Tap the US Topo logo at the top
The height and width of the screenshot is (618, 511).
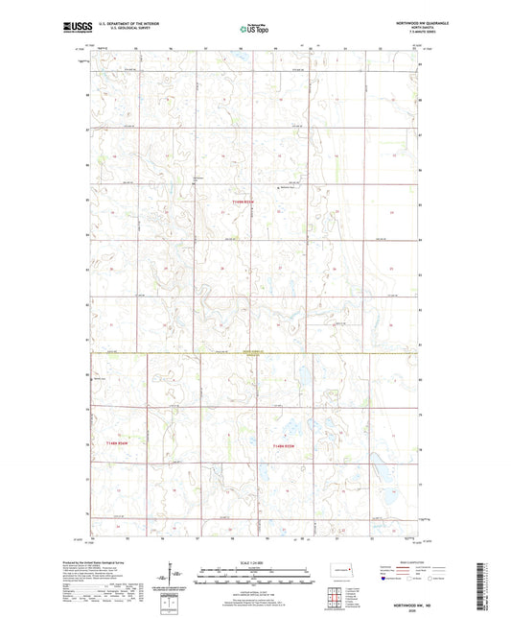tap(254, 30)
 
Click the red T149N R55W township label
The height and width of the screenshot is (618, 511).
tap(245, 202)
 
